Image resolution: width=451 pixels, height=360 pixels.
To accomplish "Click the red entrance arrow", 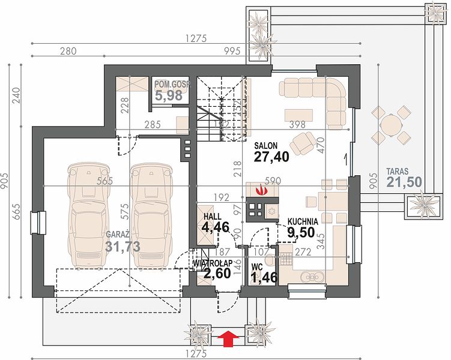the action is [x=228, y=337].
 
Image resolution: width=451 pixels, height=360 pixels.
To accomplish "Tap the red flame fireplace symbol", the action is [x=262, y=190].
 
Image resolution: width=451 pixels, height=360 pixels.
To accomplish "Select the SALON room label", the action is [x=265, y=146].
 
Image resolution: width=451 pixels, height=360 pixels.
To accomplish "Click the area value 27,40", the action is [x=271, y=157].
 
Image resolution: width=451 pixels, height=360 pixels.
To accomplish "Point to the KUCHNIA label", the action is [x=303, y=221].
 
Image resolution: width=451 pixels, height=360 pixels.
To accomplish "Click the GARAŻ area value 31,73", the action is [x=123, y=247].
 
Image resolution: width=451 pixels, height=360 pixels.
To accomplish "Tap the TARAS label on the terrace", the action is [x=397, y=172].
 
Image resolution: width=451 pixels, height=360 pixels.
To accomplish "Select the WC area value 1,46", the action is [x=264, y=278].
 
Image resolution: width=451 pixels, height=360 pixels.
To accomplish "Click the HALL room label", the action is [x=212, y=217].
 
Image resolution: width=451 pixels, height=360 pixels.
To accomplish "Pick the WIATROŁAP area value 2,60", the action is [x=217, y=273].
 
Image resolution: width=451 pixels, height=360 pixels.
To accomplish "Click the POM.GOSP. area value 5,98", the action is [x=169, y=95].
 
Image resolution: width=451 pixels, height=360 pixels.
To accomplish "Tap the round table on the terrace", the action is [x=390, y=125].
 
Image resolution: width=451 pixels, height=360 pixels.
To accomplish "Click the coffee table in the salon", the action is [x=298, y=115].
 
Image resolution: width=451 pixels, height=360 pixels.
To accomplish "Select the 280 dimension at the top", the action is [x=68, y=51].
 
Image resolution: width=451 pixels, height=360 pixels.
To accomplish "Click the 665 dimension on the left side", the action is [x=16, y=211].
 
